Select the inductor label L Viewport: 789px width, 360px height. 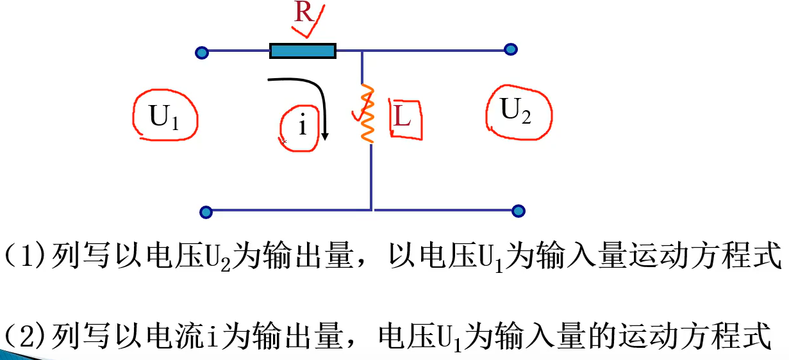(402, 117)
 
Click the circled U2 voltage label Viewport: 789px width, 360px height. (517, 112)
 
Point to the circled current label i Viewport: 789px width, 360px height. (301, 126)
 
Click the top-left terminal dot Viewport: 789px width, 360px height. (202, 53)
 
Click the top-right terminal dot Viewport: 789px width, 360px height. (511, 49)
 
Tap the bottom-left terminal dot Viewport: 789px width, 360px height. (206, 212)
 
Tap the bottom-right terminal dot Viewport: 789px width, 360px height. (519, 211)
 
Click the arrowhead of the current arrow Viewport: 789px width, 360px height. (326, 136)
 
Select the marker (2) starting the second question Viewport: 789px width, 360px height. (25, 335)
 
